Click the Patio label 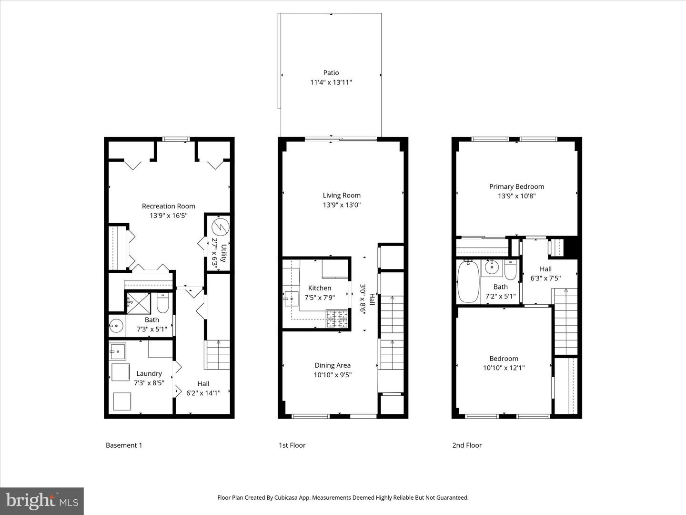click(x=331, y=73)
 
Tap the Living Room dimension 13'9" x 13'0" click(x=342, y=205)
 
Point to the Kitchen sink click(x=290, y=299)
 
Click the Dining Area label click(x=333, y=365)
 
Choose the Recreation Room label click(x=169, y=206)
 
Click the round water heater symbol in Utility click(x=221, y=226)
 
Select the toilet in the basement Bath click(x=162, y=302)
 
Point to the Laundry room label click(x=149, y=373)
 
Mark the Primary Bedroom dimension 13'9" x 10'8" click(x=516, y=196)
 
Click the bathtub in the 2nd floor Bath click(x=468, y=282)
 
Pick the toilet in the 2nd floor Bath click(x=510, y=270)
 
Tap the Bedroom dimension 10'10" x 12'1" click(x=504, y=368)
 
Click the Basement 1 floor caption click(x=124, y=445)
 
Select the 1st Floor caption click(x=292, y=445)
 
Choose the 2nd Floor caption click(x=467, y=445)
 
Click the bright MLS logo click(x=42, y=501)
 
